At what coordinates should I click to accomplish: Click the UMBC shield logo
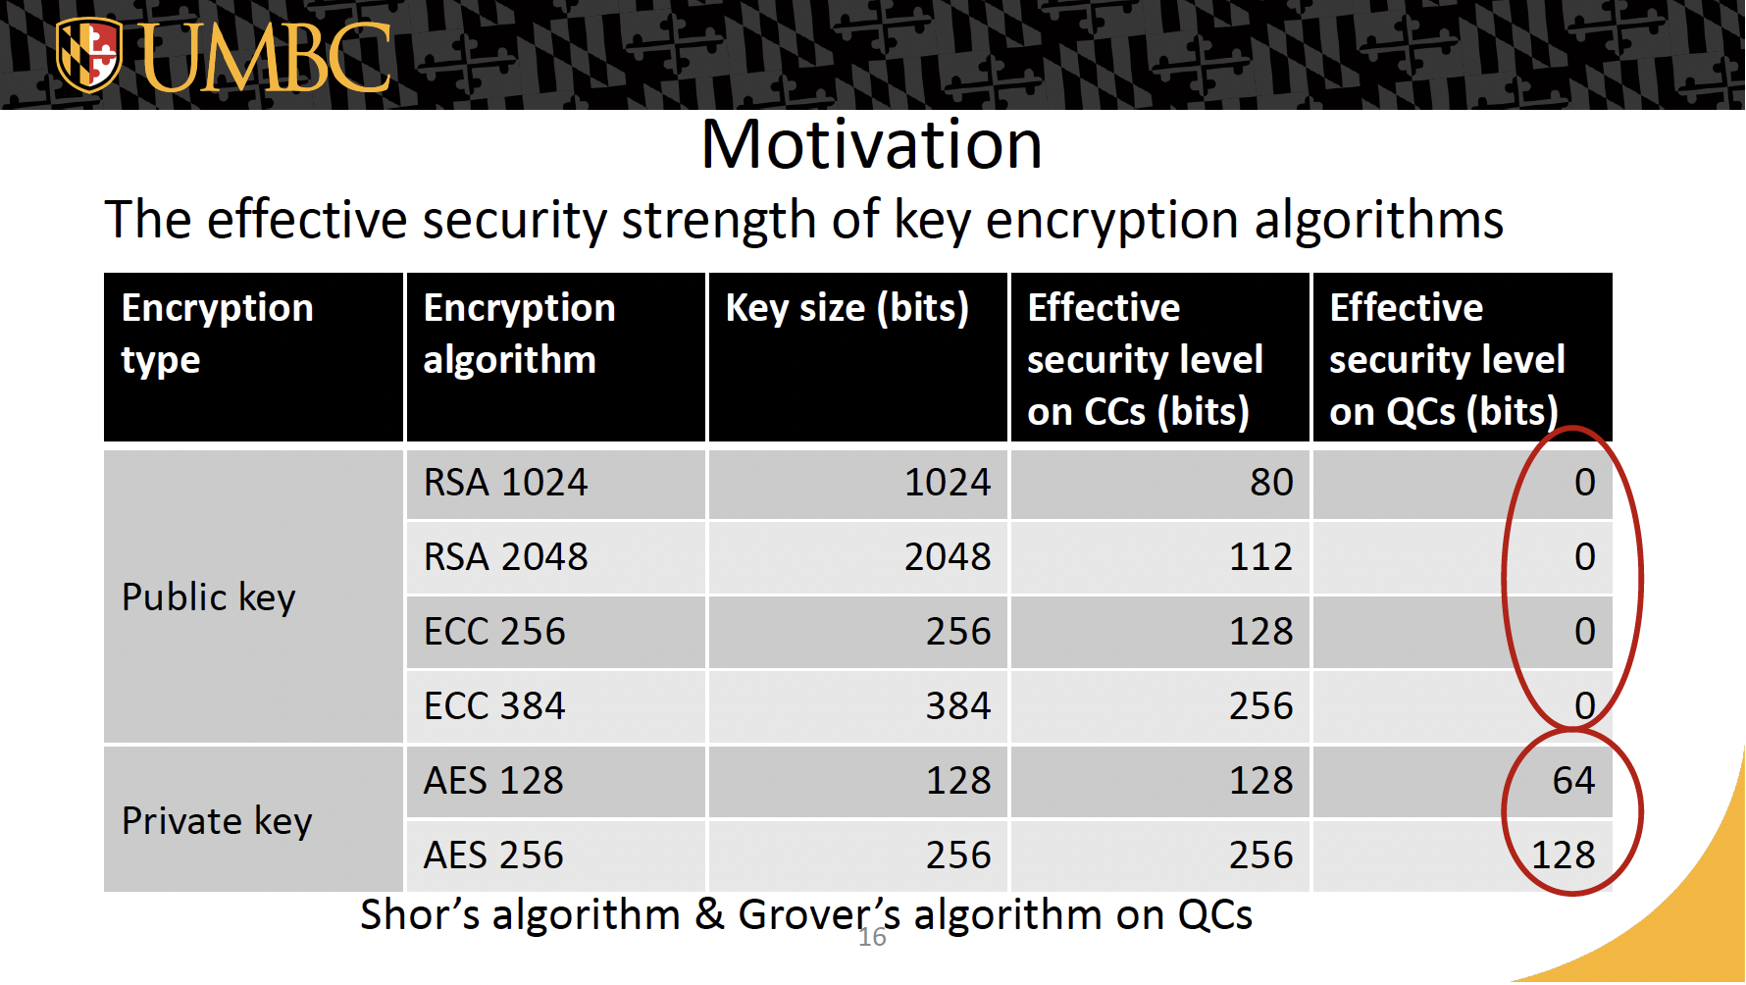pyautogui.click(x=88, y=55)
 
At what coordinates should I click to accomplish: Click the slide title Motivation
pyautogui.click(x=871, y=144)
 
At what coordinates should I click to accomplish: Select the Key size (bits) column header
pyautogui.click(x=847, y=308)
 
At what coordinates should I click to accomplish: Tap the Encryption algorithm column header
pyautogui.click(x=519, y=334)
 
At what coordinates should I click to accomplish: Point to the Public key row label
pyautogui.click(x=208, y=596)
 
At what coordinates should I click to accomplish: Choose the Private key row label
pyautogui.click(x=217, y=820)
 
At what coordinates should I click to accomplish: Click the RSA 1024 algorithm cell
pyautogui.click(x=505, y=483)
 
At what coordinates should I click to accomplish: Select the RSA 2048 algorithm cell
pyautogui.click(x=505, y=557)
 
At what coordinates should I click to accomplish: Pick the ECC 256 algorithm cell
pyautogui.click(x=494, y=632)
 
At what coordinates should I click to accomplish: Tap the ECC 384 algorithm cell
pyautogui.click(x=494, y=706)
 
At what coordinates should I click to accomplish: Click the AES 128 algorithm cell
pyautogui.click(x=493, y=781)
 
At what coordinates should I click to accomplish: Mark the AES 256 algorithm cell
pyautogui.click(x=493, y=855)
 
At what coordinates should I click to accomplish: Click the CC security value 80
pyautogui.click(x=1271, y=483)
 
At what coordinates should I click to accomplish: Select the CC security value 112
pyautogui.click(x=1261, y=557)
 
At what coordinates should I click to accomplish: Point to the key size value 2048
pyautogui.click(x=948, y=557)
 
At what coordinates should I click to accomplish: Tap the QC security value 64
pyautogui.click(x=1573, y=781)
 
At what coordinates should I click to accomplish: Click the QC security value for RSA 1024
pyautogui.click(x=1585, y=483)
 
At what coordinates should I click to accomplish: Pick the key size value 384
pyautogui.click(x=958, y=706)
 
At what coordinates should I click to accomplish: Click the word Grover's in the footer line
pyautogui.click(x=819, y=914)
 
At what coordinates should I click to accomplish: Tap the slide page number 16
pyautogui.click(x=872, y=938)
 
